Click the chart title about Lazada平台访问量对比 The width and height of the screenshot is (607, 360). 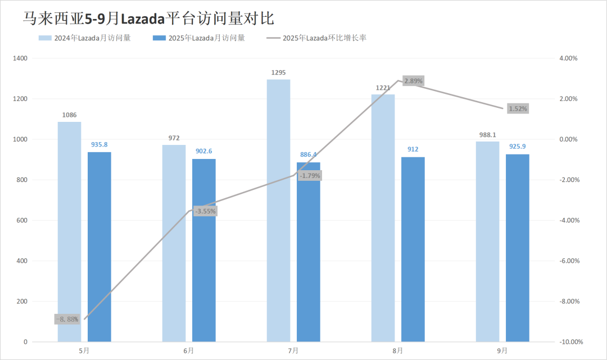tap(148, 18)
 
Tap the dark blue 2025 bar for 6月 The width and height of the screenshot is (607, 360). tap(204, 250)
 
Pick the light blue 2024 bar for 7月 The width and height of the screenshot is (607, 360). tap(278, 210)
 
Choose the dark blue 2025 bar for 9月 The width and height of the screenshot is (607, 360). tap(518, 248)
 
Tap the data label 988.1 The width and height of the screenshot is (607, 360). tap(487, 135)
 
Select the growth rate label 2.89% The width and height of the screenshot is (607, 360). tap(413, 81)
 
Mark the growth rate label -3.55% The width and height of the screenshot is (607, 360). tap(205, 211)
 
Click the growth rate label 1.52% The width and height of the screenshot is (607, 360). tap(518, 108)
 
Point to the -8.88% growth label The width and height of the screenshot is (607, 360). tap(67, 319)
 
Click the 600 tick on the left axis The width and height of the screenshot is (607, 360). tap(22, 221)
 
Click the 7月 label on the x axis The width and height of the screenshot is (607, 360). tap(293, 350)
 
